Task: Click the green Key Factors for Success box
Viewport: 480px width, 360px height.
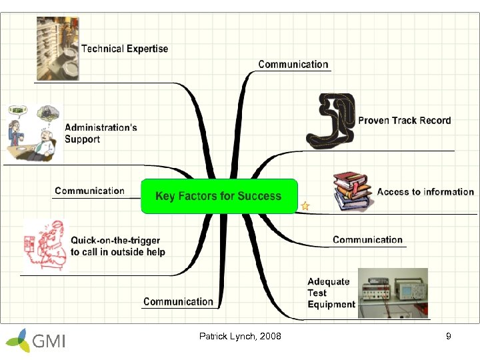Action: [x=219, y=196]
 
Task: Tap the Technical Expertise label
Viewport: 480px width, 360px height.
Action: [x=125, y=49]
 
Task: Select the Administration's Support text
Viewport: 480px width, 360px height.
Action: [x=101, y=133]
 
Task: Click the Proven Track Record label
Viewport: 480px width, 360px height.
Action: [x=404, y=121]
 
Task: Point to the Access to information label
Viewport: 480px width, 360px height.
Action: [x=425, y=192]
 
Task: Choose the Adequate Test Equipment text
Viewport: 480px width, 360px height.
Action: [x=331, y=293]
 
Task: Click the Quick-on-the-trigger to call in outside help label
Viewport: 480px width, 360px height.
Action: [x=118, y=246]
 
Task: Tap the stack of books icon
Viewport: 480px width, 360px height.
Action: [x=353, y=193]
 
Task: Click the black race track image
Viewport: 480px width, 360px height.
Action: [x=330, y=120]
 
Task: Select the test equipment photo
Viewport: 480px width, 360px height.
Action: [x=393, y=293]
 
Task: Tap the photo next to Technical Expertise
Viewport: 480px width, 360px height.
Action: [x=57, y=49]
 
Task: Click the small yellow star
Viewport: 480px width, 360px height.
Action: [x=305, y=206]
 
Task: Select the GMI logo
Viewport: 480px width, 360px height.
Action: [x=37, y=340]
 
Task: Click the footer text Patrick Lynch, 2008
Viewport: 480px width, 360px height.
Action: [x=240, y=337]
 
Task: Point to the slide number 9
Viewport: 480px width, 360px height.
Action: [x=449, y=337]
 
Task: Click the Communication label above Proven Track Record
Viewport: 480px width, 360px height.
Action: [x=293, y=65]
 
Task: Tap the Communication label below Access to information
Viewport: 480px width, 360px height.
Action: [x=367, y=240]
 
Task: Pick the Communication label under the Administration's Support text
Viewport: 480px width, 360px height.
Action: [x=89, y=191]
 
